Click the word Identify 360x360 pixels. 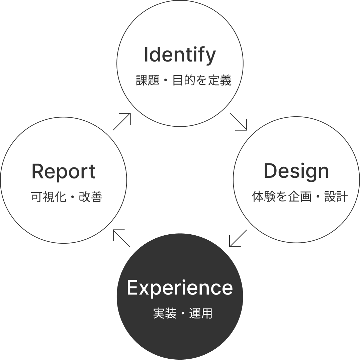[180, 55]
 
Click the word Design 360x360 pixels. [296, 171]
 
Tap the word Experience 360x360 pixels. [180, 287]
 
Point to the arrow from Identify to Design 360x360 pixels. [238, 122]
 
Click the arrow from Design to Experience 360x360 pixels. [238, 238]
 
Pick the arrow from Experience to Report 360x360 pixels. [121, 238]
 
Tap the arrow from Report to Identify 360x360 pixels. [121, 122]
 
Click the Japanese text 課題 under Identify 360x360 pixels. [148, 81]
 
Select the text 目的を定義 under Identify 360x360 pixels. [202, 81]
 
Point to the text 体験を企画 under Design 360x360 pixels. [282, 197]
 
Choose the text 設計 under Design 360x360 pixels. [336, 197]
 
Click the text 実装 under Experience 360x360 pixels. [165, 314]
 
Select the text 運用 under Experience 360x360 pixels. [201, 314]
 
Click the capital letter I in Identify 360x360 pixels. [146, 55]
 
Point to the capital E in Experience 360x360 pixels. [132, 287]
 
